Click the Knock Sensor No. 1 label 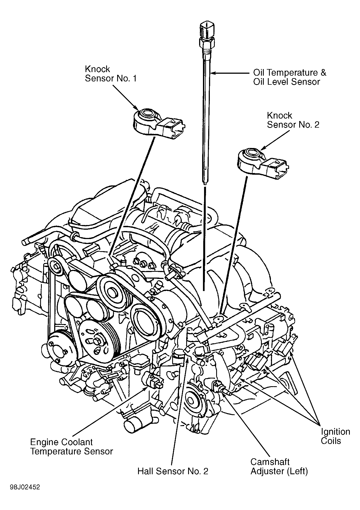pyautogui.click(x=110, y=73)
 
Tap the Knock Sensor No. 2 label pyautogui.click(x=293, y=120)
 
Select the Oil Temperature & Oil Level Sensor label pyautogui.click(x=289, y=77)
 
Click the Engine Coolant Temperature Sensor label pyautogui.click(x=71, y=447)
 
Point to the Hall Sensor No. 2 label pyautogui.click(x=173, y=471)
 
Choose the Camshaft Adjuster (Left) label pyautogui.click(x=279, y=467)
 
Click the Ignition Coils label pyautogui.click(x=335, y=436)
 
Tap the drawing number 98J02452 pyautogui.click(x=25, y=487)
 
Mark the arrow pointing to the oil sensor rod pyautogui.click(x=231, y=73)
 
